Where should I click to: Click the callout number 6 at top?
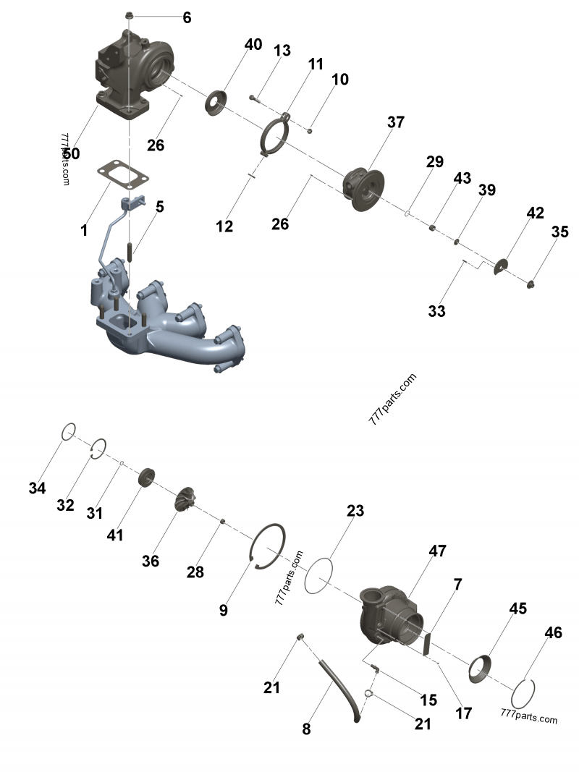coord(187,18)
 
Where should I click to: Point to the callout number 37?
coord(395,122)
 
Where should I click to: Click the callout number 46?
coord(552,633)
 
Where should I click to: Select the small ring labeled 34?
coord(67,430)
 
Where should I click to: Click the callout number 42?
coord(535,213)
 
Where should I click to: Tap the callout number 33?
coord(436,312)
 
